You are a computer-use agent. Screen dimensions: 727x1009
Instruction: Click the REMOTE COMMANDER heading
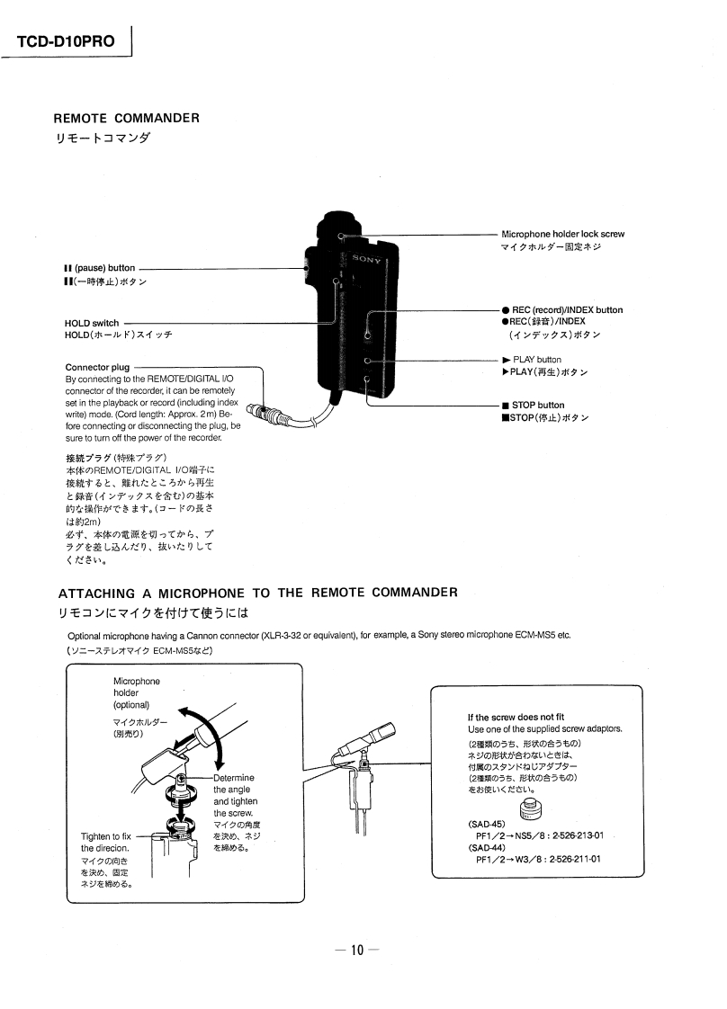pos(126,118)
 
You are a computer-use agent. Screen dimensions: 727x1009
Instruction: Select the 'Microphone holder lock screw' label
pos(562,234)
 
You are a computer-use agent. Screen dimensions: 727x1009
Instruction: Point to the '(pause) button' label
pos(100,268)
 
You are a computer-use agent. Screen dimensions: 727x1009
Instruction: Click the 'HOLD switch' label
pos(92,323)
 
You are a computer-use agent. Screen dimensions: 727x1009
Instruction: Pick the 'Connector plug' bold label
pos(97,367)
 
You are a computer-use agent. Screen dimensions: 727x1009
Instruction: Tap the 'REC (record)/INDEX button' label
pos(562,310)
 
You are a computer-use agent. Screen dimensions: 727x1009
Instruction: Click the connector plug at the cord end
pos(264,415)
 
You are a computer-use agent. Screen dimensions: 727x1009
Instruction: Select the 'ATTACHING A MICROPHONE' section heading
pos(258,593)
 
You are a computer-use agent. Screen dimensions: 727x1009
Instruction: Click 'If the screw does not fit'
pos(516,717)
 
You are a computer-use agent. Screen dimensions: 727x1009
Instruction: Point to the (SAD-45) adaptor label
pos(487,824)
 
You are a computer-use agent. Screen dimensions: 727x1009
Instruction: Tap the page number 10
pos(357,951)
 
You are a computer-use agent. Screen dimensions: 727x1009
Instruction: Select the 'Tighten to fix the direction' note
pos(106,843)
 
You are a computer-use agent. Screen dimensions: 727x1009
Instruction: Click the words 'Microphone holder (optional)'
pos(136,692)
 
